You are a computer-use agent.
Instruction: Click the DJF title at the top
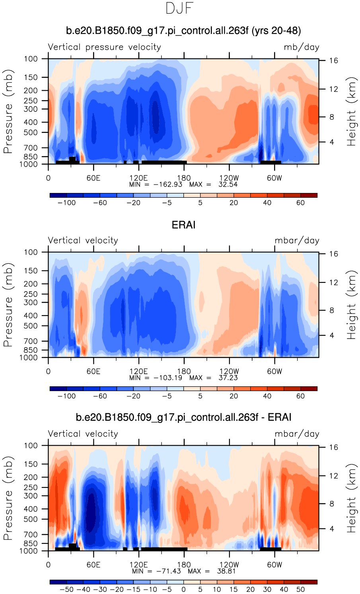179,8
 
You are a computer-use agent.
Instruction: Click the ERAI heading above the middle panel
183,225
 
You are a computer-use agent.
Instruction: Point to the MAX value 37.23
228,378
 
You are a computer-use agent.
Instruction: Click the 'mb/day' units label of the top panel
301,47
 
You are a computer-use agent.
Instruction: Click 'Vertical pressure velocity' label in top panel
104,47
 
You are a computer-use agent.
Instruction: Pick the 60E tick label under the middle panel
93,372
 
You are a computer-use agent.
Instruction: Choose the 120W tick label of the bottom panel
229,565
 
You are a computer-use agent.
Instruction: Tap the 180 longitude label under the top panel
184,178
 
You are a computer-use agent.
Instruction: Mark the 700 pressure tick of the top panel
31,148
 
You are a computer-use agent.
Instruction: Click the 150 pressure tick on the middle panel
31,271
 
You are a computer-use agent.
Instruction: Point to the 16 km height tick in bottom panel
333,447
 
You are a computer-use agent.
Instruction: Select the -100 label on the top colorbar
66,203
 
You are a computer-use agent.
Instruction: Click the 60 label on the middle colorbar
300,396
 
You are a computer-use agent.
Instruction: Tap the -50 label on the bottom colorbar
66,590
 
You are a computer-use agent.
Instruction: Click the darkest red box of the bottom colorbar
309,582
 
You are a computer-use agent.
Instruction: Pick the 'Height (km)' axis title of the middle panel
351,305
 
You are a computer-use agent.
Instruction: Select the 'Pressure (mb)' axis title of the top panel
8,111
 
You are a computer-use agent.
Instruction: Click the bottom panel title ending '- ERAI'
183,417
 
